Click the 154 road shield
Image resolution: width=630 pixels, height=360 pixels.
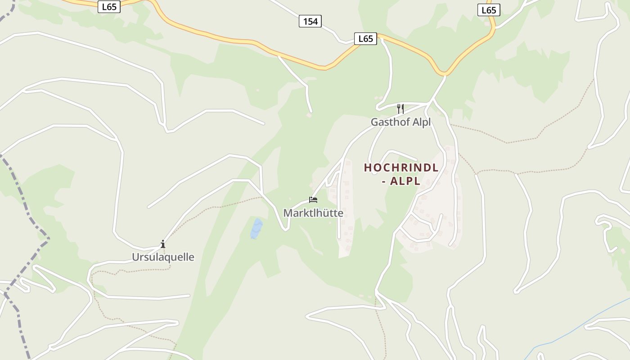310,21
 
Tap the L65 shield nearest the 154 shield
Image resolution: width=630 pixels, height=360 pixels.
365,39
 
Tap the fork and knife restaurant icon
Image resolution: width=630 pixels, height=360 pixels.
400,108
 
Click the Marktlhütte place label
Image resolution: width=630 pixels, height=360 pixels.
313,213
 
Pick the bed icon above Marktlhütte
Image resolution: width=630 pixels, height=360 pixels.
313,200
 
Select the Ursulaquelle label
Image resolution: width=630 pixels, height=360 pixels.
163,257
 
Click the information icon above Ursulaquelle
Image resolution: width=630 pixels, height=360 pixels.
163,244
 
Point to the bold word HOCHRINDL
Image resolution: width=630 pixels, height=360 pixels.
401,168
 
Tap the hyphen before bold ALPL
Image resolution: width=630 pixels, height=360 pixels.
389,181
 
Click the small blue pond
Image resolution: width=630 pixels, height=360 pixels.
256,228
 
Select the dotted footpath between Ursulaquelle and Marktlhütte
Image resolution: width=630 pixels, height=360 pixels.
216,207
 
